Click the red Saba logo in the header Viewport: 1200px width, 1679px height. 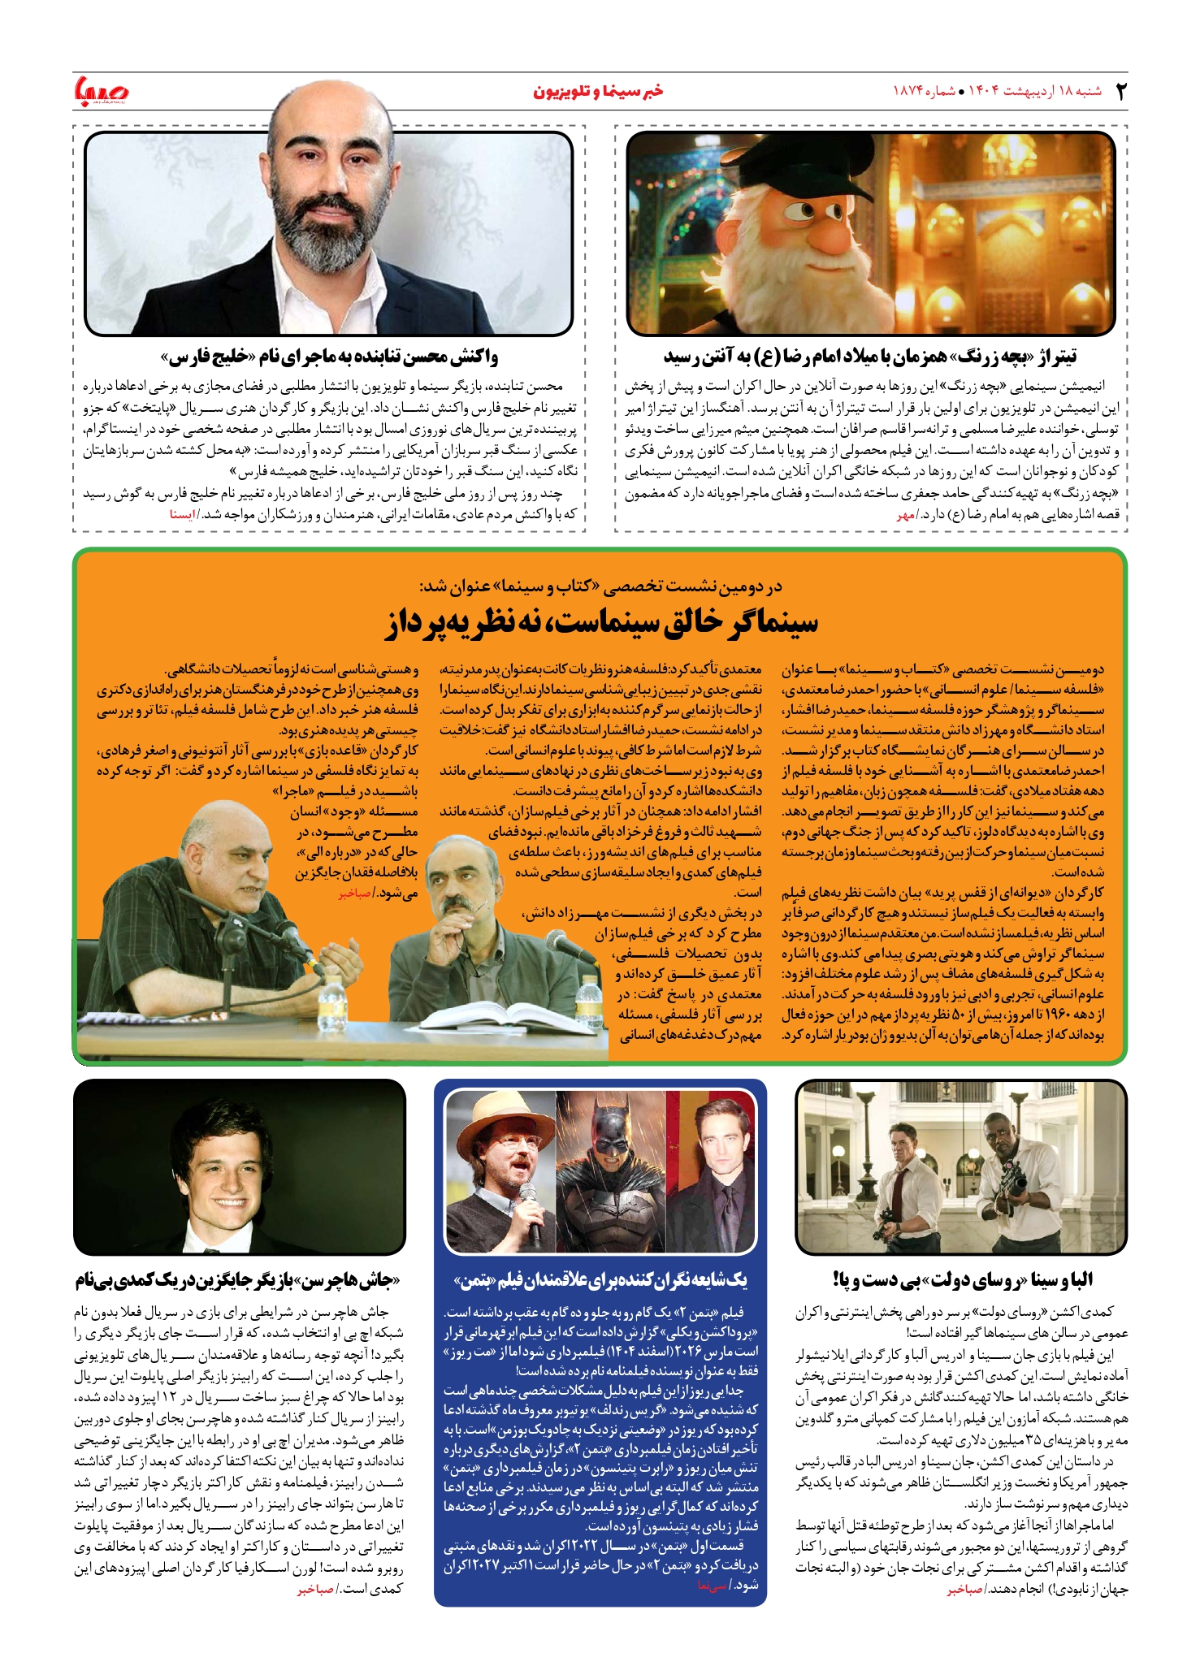click(99, 89)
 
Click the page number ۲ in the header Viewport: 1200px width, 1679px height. click(1120, 91)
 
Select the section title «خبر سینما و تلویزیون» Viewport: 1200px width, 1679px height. click(598, 91)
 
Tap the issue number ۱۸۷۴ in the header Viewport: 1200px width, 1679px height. click(909, 91)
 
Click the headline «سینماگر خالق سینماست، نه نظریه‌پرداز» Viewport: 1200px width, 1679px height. click(600, 622)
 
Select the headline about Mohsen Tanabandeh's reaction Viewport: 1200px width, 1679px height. click(329, 357)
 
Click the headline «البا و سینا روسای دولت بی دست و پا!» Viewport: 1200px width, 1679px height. click(963, 1280)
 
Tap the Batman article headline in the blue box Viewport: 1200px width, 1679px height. click(600, 1281)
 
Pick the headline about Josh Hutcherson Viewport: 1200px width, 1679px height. click(240, 1281)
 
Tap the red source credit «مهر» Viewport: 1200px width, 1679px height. click(905, 514)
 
